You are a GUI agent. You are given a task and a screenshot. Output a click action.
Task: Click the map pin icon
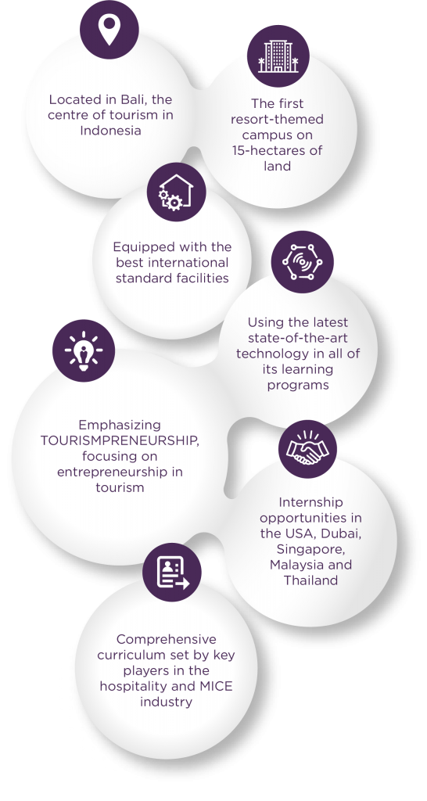(109, 30)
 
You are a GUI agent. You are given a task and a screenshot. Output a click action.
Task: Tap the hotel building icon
(278, 56)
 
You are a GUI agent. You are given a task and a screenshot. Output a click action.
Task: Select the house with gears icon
(176, 192)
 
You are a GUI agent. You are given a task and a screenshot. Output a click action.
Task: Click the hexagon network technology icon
(303, 262)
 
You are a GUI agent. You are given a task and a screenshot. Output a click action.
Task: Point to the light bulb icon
(83, 350)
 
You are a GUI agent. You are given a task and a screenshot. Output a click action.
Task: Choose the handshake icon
(307, 448)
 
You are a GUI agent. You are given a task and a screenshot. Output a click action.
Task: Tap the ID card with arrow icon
(173, 573)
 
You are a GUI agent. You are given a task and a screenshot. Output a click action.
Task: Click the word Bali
(135, 99)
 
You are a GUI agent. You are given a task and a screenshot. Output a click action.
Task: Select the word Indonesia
(110, 131)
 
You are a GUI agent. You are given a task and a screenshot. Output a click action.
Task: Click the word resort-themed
(277, 120)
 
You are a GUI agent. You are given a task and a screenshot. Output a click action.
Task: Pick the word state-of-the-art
(298, 338)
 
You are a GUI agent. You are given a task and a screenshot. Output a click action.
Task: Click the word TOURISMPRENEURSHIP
(120, 440)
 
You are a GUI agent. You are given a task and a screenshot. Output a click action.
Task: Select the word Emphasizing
(120, 426)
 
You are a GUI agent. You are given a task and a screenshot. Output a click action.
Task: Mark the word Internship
(310, 503)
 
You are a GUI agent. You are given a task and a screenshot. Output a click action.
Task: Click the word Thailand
(310, 580)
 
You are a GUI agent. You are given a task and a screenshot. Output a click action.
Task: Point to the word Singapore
(310, 550)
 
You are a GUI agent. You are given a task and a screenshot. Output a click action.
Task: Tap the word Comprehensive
(166, 640)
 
